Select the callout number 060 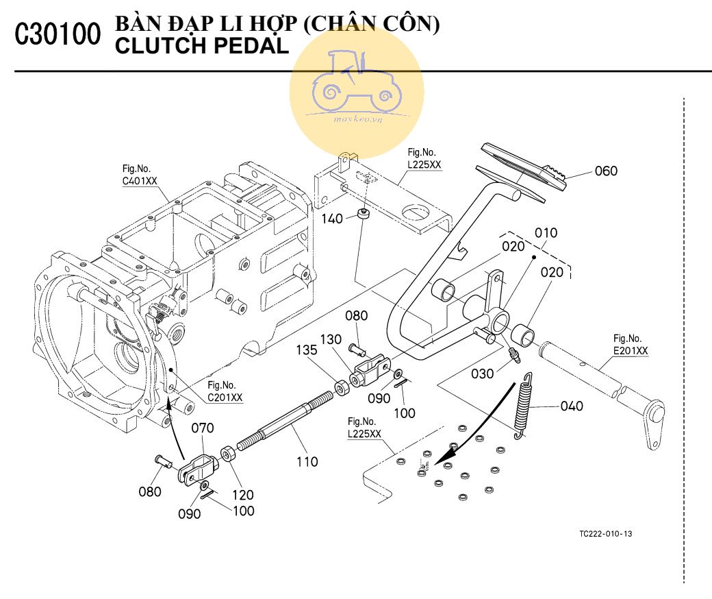[x=606, y=171]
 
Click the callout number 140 [x=333, y=219]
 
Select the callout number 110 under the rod [x=307, y=462]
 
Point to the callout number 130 [x=331, y=339]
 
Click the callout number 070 [x=202, y=428]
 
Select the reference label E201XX [x=630, y=351]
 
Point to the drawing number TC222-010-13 [x=605, y=534]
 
